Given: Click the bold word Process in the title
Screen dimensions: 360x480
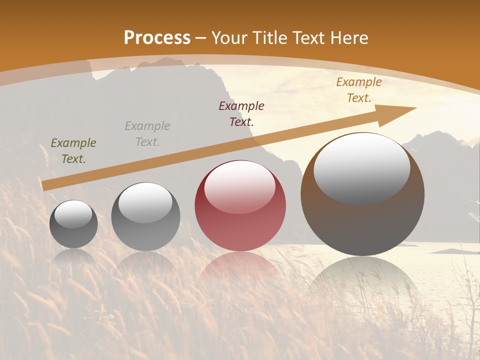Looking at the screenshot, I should click(x=157, y=37).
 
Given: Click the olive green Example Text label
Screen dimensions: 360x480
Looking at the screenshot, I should click(x=73, y=151).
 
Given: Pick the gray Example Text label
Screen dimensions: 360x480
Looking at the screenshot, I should click(x=147, y=134).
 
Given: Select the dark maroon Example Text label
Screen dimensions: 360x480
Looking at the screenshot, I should click(x=241, y=113).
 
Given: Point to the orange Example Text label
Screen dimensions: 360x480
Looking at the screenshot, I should click(x=359, y=90).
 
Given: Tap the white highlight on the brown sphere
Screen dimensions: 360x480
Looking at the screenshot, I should click(x=361, y=167).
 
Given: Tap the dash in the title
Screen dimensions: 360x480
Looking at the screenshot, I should click(x=201, y=38).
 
